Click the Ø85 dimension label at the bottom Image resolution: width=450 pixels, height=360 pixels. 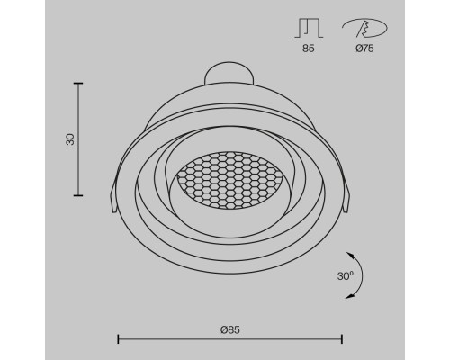(230, 329)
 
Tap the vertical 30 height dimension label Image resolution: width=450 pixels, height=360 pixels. (70, 139)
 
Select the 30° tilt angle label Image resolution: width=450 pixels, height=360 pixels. (346, 275)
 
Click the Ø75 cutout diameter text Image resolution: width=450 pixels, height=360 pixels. (364, 49)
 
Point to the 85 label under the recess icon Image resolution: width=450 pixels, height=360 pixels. (309, 49)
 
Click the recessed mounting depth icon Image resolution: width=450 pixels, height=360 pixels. (309, 28)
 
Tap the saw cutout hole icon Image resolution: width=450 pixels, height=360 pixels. (364, 28)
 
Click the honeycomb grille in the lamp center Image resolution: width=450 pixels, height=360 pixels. (229, 180)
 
